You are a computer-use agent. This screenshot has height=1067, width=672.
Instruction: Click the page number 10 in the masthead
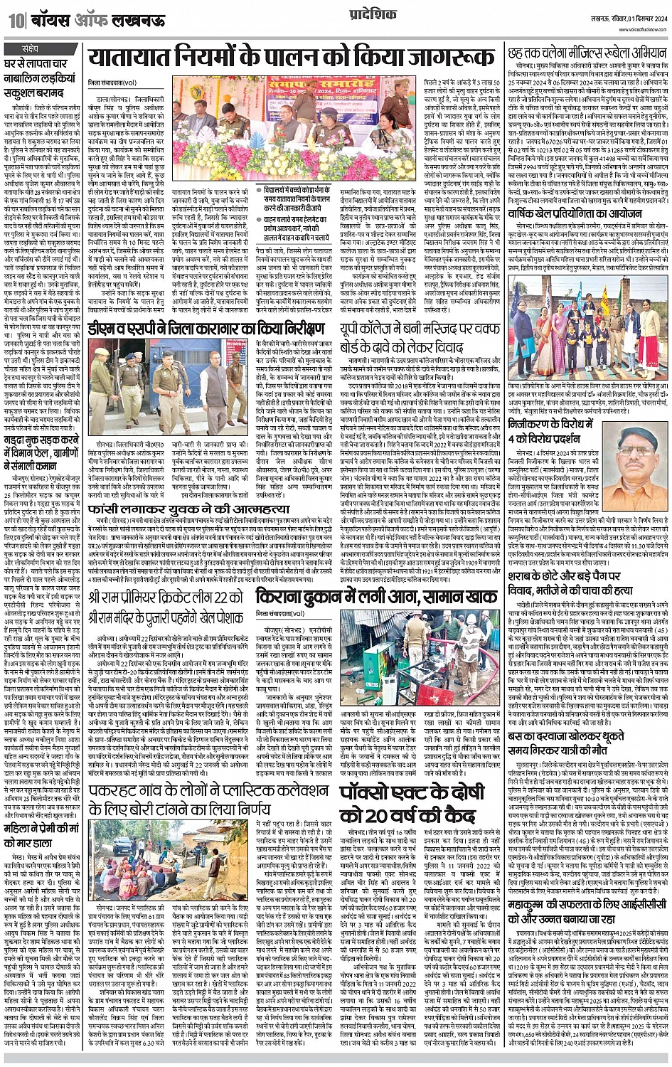point(15,22)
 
